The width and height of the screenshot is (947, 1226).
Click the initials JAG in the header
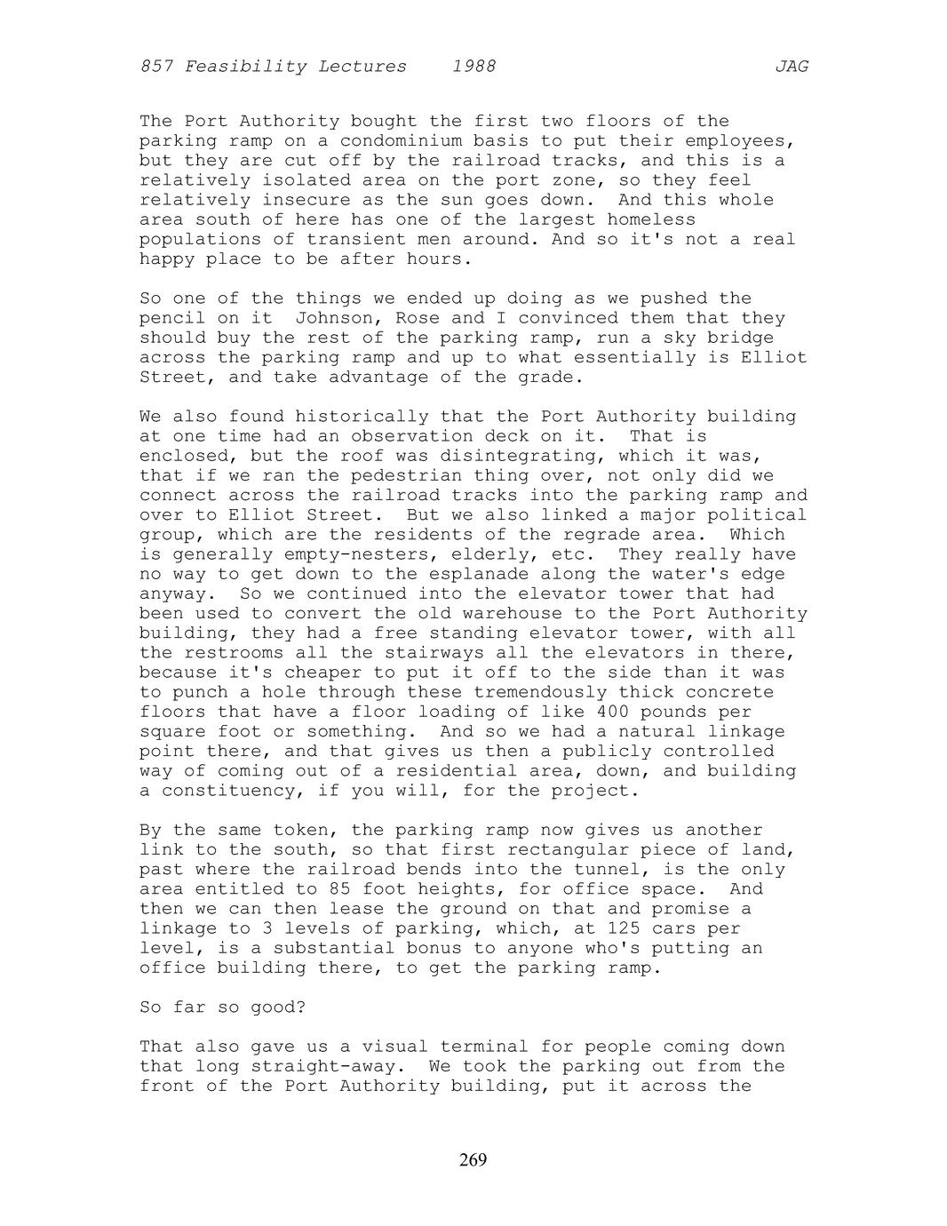(x=791, y=67)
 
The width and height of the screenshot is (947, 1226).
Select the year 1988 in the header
(x=473, y=67)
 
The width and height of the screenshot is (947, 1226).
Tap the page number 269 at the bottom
(x=473, y=1159)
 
